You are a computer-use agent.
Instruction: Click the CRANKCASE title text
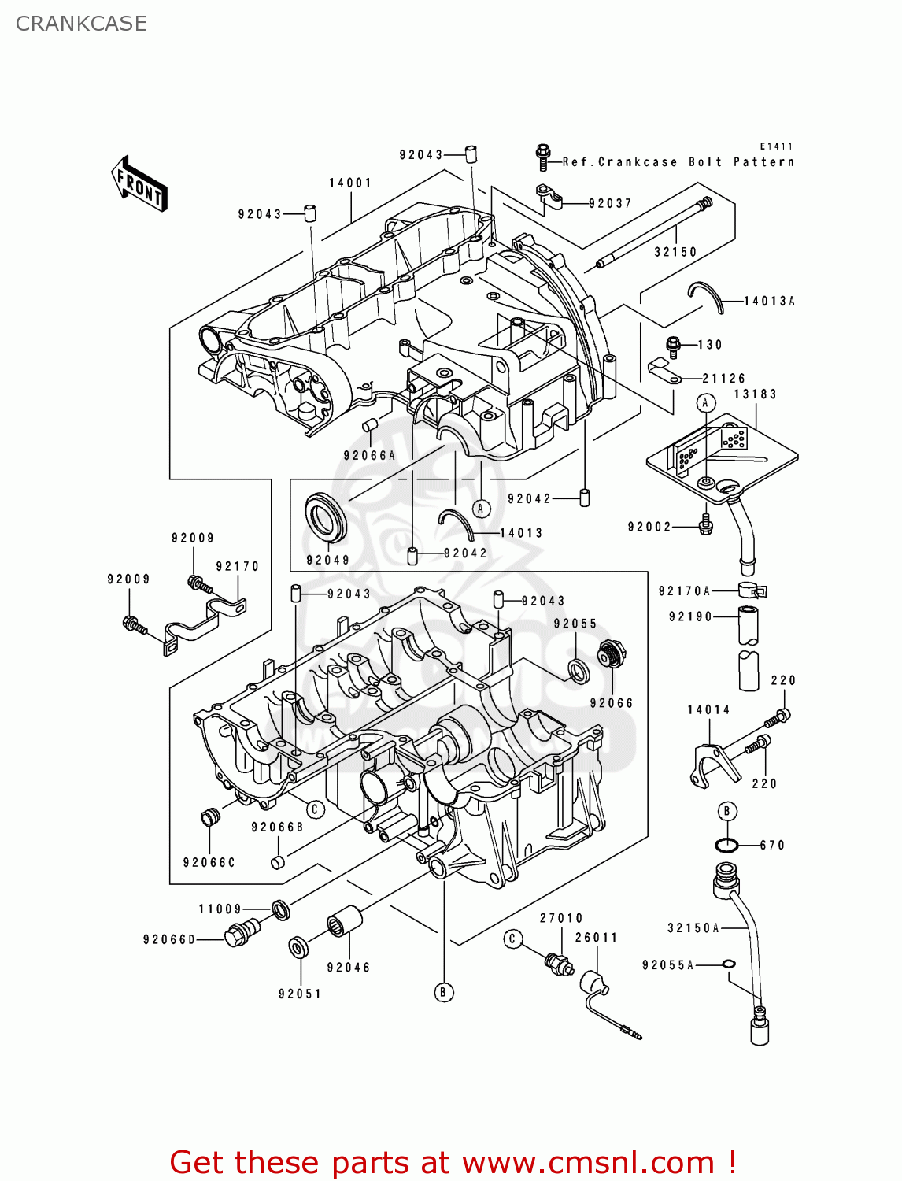[81, 24]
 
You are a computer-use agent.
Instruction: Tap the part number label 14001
[350, 183]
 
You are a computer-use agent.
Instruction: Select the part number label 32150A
[693, 928]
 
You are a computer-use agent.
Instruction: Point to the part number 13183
[755, 394]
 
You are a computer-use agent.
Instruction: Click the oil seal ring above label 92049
[325, 517]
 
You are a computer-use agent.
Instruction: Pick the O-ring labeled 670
[726, 846]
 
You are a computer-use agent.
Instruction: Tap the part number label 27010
[561, 918]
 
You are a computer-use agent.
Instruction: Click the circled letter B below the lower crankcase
[443, 992]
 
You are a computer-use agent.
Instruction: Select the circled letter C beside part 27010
[513, 939]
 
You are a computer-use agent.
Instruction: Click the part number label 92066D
[169, 939]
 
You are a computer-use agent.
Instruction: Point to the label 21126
[723, 379]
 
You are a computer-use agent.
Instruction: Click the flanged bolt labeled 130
[674, 344]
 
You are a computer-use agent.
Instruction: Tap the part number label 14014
[708, 709]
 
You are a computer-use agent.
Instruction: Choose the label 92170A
[685, 591]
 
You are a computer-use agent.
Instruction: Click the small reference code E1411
[776, 146]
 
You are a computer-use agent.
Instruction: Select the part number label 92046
[348, 968]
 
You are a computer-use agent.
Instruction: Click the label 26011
[596, 938]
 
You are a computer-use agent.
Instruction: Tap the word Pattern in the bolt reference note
[763, 162]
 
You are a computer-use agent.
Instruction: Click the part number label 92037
[610, 203]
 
